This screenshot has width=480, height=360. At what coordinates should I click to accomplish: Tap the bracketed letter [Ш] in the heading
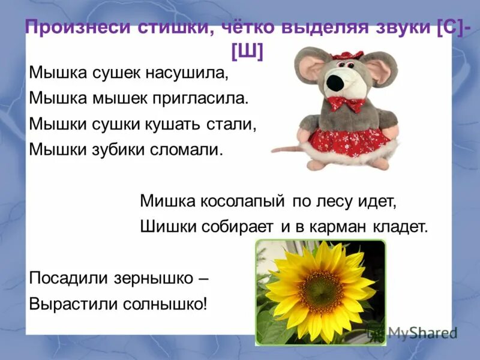pos(246,52)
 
